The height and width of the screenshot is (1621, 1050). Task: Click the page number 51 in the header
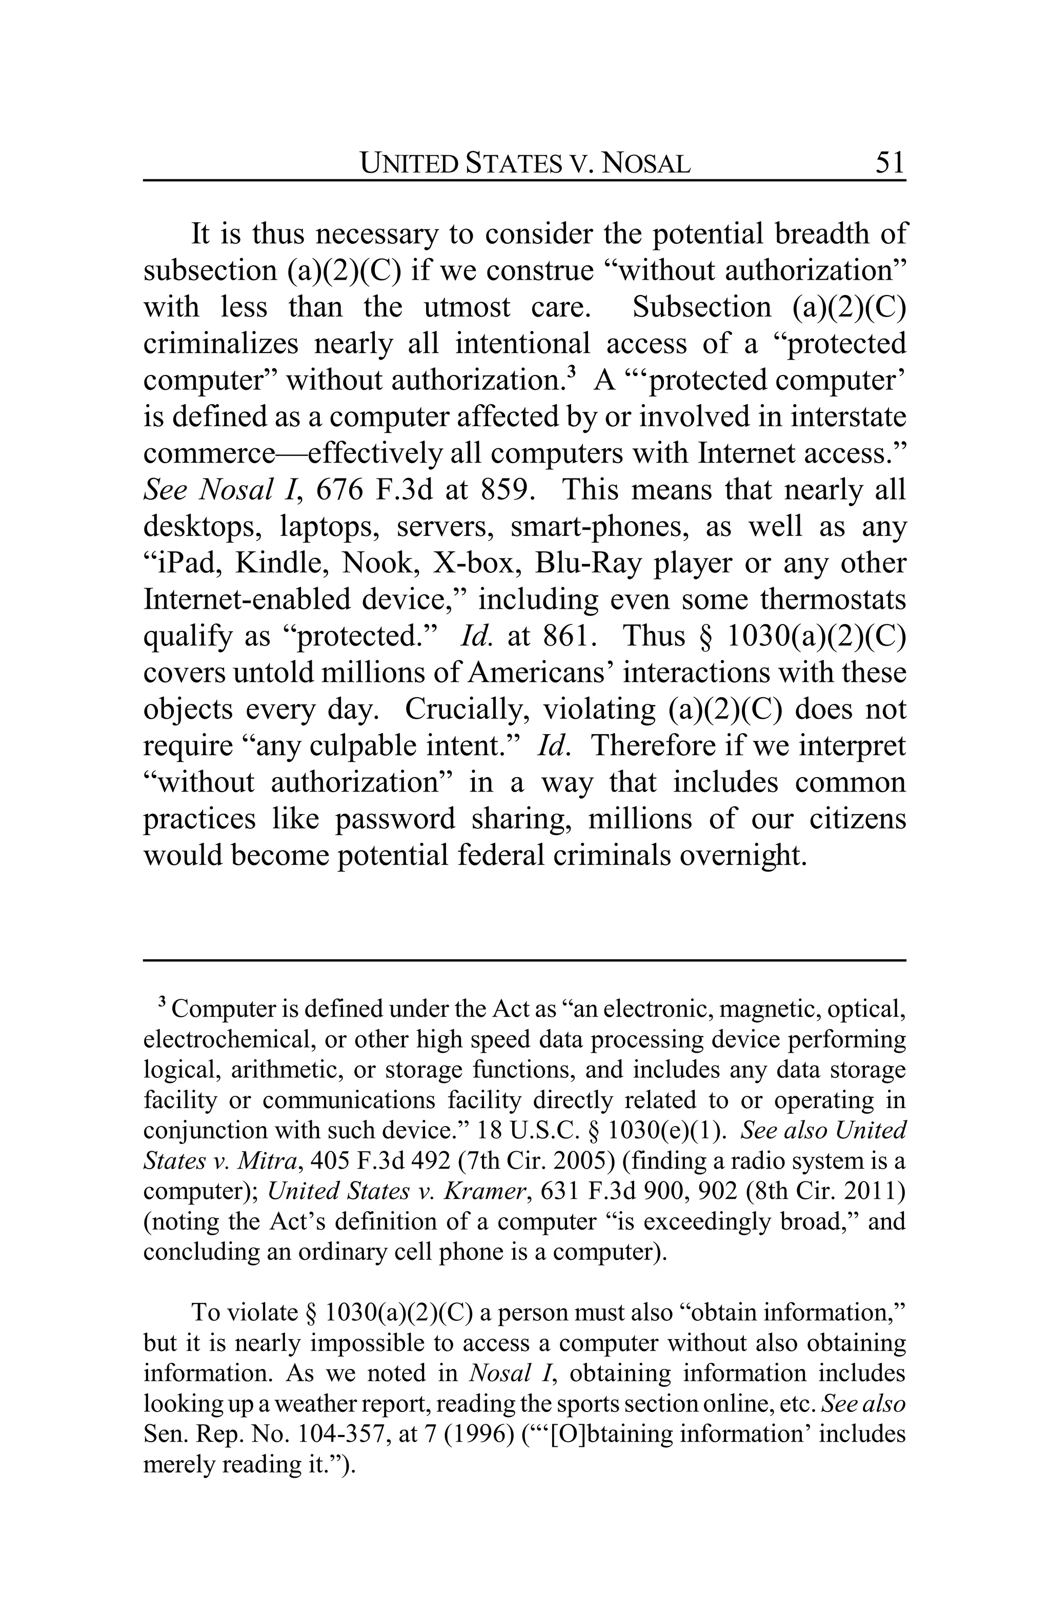coord(889,163)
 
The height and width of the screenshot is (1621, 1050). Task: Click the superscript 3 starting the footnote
coord(162,1002)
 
